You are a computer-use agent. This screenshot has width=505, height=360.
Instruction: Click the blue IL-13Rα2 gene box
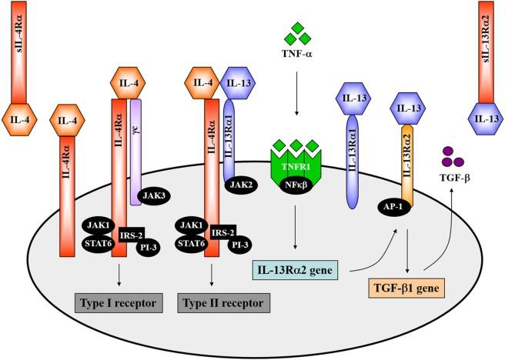point(297,269)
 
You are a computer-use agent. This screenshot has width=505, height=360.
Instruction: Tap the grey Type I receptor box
point(117,302)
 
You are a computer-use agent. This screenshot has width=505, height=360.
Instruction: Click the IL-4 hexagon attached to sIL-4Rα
point(22,120)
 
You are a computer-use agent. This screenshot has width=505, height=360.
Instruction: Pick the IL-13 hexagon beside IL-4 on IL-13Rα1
point(239,82)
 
